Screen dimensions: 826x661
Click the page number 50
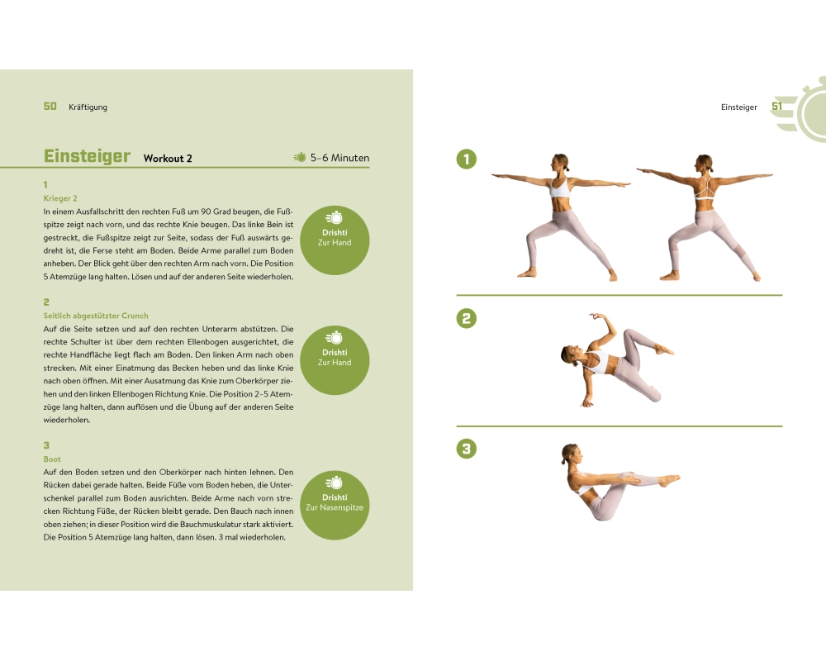click(50, 107)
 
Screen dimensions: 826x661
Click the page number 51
click(777, 107)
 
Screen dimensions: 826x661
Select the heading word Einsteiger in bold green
click(87, 156)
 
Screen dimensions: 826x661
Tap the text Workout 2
click(168, 158)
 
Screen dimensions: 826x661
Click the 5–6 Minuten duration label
click(339, 158)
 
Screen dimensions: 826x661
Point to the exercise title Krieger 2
click(60, 198)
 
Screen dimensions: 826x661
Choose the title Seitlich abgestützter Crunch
click(96, 316)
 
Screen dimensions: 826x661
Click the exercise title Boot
click(52, 459)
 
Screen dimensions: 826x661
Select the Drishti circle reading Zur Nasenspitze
click(335, 505)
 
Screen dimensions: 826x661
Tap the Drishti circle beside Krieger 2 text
click(335, 240)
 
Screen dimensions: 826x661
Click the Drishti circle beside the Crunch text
click(335, 360)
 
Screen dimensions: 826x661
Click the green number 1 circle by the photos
click(466, 159)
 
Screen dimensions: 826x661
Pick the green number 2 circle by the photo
click(466, 318)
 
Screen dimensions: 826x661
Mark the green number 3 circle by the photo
click(466, 449)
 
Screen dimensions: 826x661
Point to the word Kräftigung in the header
click(88, 107)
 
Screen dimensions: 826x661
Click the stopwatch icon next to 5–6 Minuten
click(299, 157)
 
